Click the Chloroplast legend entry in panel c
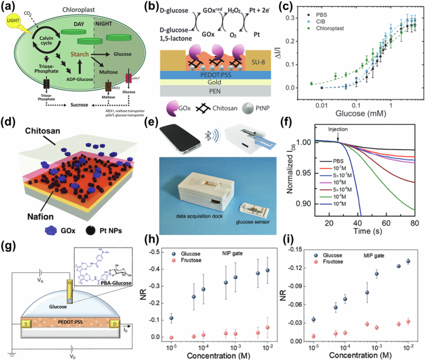pos(335,29)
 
